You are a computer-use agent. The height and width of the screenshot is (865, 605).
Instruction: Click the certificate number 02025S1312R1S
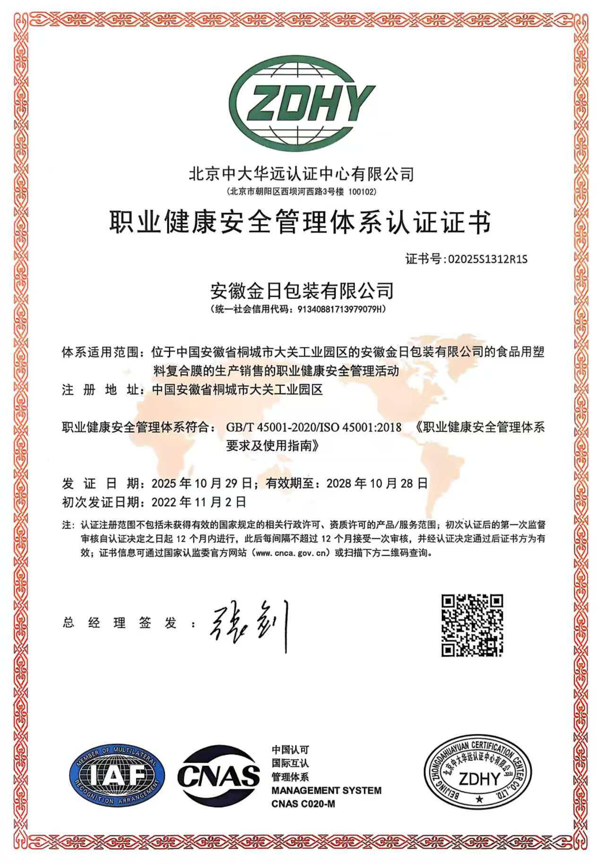pos(487,259)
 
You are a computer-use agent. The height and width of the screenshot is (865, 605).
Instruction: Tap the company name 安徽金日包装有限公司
pos(302,291)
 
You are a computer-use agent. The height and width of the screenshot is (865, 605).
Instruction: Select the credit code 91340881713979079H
pos(341,310)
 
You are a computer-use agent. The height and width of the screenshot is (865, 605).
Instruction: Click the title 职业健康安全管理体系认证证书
pos(301,223)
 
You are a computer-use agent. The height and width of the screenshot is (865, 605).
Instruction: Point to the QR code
pos(472,625)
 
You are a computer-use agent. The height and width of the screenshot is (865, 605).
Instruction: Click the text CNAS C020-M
pos(303,804)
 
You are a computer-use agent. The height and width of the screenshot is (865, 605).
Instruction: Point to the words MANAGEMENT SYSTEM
pos(326,790)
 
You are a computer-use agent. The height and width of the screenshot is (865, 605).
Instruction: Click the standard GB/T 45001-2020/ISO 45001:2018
pos(314,427)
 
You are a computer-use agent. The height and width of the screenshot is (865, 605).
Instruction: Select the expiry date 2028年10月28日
pos(377,483)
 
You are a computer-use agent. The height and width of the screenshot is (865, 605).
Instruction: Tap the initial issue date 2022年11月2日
pos(199,502)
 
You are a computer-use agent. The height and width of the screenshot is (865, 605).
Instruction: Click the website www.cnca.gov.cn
pos(291,553)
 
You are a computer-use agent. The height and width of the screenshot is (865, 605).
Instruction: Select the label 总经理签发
pos(120,623)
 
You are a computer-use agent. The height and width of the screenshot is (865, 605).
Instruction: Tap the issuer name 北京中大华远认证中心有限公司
pos(302,174)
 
